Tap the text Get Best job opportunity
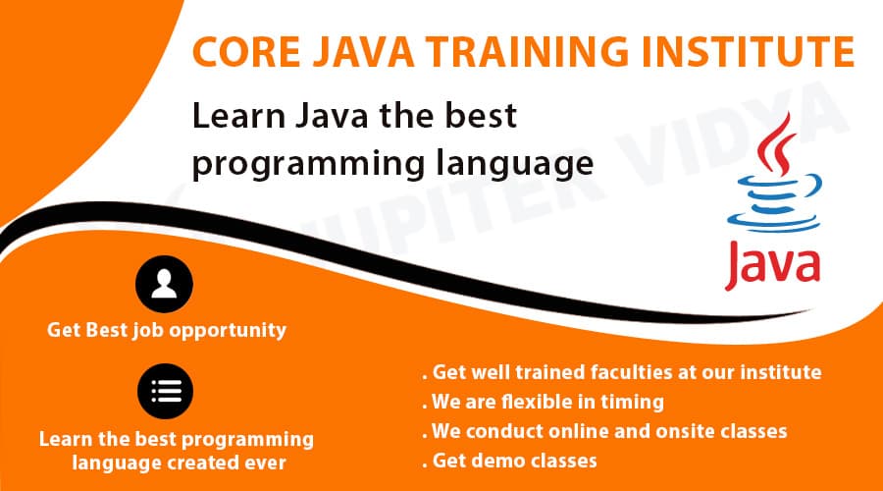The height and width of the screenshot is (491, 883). tap(167, 330)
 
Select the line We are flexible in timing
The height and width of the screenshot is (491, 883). tap(544, 402)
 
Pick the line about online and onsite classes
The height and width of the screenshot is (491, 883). tap(605, 431)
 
